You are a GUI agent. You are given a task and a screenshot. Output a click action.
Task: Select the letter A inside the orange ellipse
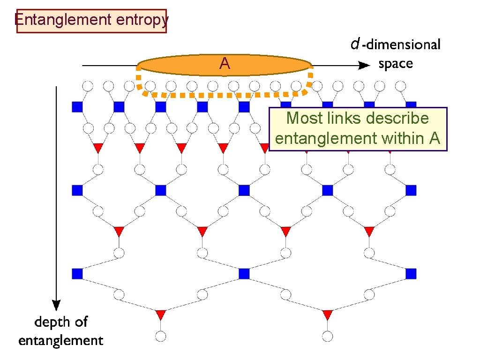tap(225, 64)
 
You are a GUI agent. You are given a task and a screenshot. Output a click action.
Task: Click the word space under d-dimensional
tap(396, 64)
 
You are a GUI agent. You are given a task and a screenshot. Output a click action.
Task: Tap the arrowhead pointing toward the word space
tap(363, 66)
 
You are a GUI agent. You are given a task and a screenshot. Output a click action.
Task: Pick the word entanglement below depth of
tap(61, 340)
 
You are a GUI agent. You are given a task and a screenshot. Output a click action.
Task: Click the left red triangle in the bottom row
tap(161, 314)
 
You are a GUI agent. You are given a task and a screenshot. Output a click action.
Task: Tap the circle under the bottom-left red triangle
tap(161, 336)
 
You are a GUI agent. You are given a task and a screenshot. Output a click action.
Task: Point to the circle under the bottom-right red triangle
tap(328, 336)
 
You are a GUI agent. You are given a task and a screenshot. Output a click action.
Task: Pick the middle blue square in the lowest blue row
tap(244, 273)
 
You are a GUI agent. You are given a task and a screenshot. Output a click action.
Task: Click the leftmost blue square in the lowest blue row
tap(77, 273)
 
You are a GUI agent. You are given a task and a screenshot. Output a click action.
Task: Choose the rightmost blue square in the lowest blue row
tap(411, 273)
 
